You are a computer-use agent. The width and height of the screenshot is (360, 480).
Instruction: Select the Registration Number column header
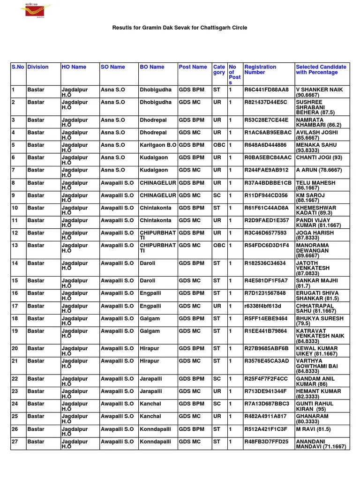(260, 70)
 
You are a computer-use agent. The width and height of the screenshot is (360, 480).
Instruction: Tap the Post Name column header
(193, 67)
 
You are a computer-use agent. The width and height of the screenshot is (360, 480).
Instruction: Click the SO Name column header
(112, 67)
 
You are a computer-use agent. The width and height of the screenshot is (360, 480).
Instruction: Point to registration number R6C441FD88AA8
(266, 90)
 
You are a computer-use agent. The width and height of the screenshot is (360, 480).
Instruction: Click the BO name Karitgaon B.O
(158, 145)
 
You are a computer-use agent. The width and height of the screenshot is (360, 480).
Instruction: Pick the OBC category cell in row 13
(219, 245)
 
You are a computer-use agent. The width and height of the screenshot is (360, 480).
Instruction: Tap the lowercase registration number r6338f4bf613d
(262, 306)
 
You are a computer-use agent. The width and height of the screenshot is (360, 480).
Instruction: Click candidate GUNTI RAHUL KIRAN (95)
(315, 406)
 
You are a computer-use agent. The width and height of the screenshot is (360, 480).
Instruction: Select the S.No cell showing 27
(15, 442)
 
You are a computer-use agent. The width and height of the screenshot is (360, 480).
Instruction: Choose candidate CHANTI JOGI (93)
(319, 158)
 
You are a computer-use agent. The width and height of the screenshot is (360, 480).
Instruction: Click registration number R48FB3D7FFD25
(266, 442)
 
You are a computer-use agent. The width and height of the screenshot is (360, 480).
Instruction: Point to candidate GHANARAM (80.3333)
(312, 419)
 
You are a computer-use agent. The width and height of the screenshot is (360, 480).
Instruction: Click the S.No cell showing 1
(13, 90)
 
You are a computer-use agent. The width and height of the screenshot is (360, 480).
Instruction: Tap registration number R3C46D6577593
(265, 233)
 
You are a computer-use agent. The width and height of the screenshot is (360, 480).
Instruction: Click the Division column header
(38, 67)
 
